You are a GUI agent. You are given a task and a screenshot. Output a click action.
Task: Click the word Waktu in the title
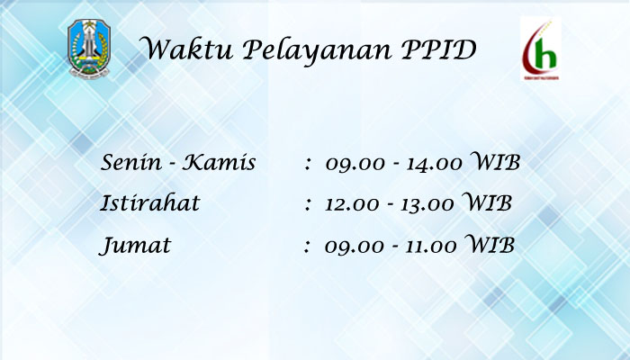click(x=186, y=49)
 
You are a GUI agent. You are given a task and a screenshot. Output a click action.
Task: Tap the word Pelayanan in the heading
click(x=317, y=50)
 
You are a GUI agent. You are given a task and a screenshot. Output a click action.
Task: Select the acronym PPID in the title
click(x=439, y=49)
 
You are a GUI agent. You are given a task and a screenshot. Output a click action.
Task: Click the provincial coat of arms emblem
click(x=89, y=48)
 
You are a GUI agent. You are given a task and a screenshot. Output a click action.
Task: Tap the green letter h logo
click(x=541, y=49)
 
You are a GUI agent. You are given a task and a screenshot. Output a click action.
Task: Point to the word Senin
click(x=130, y=162)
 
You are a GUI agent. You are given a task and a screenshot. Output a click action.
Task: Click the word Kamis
click(x=219, y=162)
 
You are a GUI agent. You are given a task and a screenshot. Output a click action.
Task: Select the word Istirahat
click(x=149, y=202)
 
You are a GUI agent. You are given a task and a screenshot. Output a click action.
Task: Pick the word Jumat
click(x=135, y=245)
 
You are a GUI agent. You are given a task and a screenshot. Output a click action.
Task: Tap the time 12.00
click(x=352, y=203)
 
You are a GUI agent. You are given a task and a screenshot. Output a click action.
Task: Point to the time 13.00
click(x=427, y=203)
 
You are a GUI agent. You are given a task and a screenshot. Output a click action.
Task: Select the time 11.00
click(x=431, y=246)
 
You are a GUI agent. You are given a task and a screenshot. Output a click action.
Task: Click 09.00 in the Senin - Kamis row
click(x=355, y=164)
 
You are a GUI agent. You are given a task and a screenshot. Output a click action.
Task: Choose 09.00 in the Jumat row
click(x=355, y=247)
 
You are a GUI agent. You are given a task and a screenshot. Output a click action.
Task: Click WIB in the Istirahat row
click(x=487, y=202)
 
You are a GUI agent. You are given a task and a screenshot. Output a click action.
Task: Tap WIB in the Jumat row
click(x=490, y=244)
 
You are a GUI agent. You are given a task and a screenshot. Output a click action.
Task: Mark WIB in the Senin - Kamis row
click(x=495, y=161)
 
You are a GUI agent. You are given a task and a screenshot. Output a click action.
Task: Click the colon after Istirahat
click(x=308, y=204)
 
